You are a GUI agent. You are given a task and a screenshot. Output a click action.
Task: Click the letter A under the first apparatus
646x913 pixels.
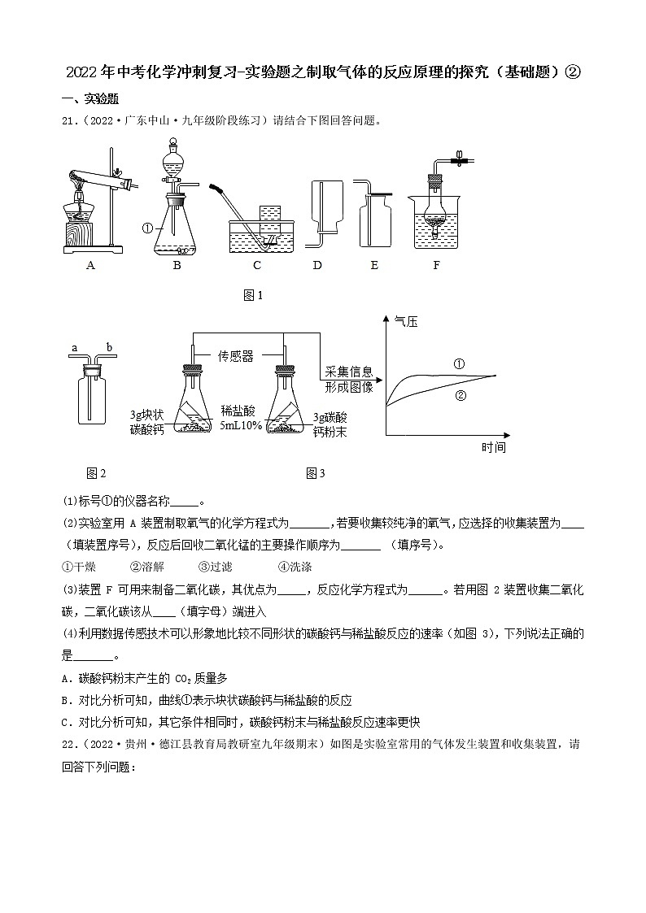pyautogui.click(x=91, y=265)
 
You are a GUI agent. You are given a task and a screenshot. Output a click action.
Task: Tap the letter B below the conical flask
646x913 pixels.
pyautogui.click(x=177, y=265)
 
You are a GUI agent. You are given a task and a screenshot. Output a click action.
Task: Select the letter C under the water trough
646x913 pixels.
pyautogui.click(x=257, y=265)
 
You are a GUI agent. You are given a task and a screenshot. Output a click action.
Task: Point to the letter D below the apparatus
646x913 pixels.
pyautogui.click(x=318, y=265)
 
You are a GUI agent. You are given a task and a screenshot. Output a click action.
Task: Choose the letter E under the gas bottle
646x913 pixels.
pyautogui.click(x=374, y=265)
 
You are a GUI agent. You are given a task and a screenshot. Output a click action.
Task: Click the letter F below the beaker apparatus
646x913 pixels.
pyautogui.click(x=436, y=265)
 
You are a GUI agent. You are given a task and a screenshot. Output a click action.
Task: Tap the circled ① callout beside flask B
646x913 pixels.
pyautogui.click(x=147, y=228)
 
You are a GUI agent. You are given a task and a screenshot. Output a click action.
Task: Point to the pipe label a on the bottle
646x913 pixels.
pyautogui.click(x=74, y=349)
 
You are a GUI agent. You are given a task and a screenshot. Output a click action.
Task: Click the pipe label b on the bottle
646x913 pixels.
pyautogui.click(x=109, y=349)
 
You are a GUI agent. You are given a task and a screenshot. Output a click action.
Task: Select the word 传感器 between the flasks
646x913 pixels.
pyautogui.click(x=236, y=356)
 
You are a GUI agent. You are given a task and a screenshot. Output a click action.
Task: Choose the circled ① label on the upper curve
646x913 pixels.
pyautogui.click(x=459, y=363)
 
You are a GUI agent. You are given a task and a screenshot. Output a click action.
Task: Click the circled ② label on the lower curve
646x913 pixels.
pyautogui.click(x=460, y=396)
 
